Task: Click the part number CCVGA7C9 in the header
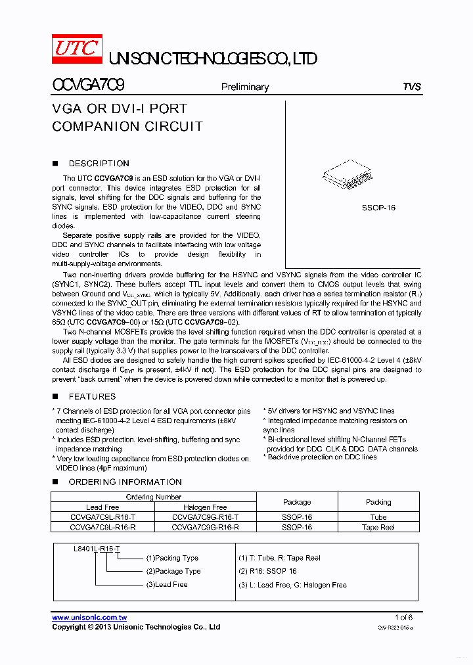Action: tap(88, 86)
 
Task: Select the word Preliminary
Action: tap(244, 87)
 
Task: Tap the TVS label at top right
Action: tap(411, 87)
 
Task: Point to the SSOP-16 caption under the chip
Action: tap(378, 208)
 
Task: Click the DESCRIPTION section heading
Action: tap(99, 164)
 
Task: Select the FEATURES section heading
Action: tap(92, 397)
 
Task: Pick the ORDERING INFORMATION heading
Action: tap(125, 482)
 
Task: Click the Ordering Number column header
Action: tap(154, 497)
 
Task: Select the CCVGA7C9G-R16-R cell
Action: tap(205, 527)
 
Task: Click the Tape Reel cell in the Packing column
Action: tap(378, 527)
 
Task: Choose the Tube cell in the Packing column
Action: tap(378, 517)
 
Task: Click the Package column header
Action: tap(297, 502)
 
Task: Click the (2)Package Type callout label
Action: tap(173, 572)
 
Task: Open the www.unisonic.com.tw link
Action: tap(89, 618)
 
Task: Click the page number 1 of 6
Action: tap(403, 618)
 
